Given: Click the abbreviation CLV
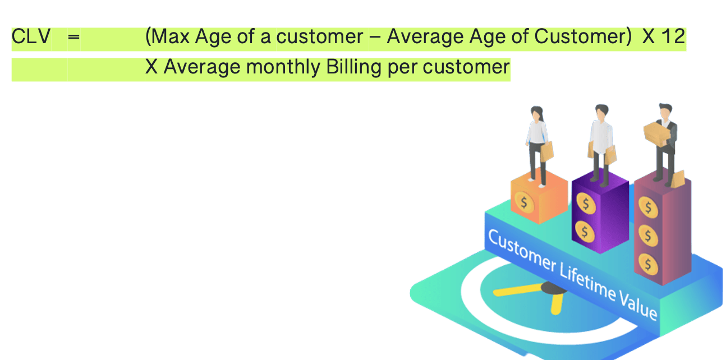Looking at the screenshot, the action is click(31, 36).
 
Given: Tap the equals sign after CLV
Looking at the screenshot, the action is click(74, 37).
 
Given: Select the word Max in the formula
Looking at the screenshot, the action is click(170, 36).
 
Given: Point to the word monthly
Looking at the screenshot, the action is click(283, 67).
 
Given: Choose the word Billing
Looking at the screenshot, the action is click(354, 67).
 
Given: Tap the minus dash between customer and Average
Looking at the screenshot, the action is click(375, 37).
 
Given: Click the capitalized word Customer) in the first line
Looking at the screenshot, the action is click(583, 36).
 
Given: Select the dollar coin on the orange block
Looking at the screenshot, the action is click(524, 202).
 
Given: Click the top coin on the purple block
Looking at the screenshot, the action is click(586, 204).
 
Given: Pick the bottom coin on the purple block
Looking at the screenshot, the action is click(585, 232).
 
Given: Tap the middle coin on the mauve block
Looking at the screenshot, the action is click(648, 236).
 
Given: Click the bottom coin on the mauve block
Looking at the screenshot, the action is click(648, 264).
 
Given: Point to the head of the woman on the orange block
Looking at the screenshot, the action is click(537, 113).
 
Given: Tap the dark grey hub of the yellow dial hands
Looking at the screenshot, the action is click(554, 288).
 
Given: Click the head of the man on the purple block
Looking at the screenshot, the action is click(601, 112).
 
